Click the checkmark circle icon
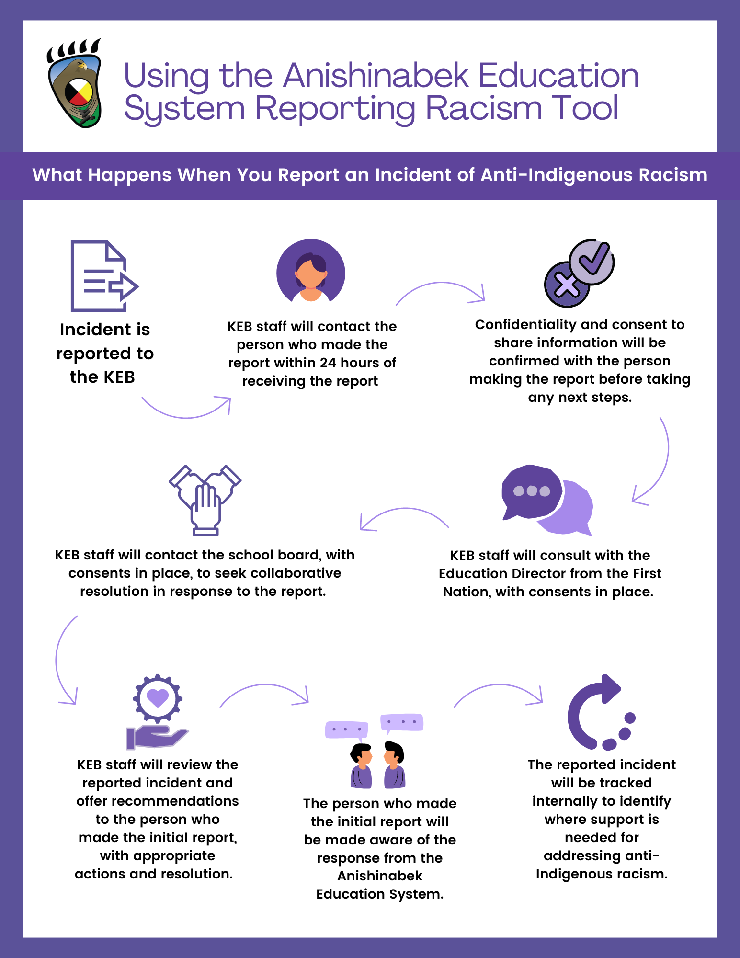[592, 262]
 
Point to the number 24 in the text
[328, 363]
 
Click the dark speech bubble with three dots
[531, 491]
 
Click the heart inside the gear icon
[158, 697]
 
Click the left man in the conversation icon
[361, 766]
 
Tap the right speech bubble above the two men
[402, 722]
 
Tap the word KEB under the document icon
[119, 377]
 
